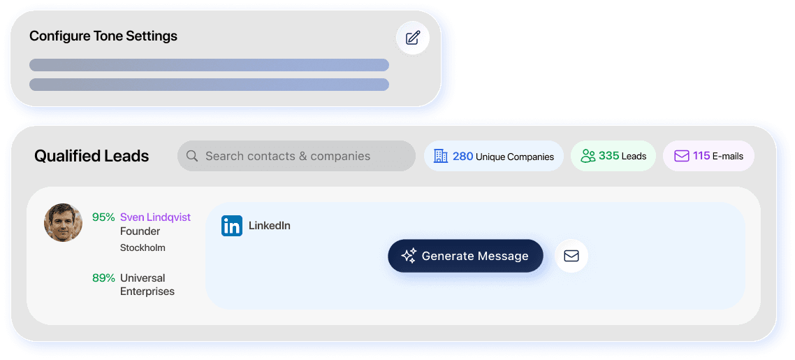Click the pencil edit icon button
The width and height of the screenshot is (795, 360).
coord(413,38)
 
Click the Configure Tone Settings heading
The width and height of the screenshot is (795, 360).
coord(103,36)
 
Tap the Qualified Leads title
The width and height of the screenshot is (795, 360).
coord(92,156)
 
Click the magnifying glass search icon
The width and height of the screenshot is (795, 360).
coord(192,156)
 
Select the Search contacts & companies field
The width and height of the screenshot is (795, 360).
coord(296,156)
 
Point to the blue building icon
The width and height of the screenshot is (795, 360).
coord(440,156)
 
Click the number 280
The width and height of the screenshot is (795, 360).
coord(462,156)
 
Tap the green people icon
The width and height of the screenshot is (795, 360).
coord(588,156)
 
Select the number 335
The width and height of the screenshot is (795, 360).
coord(608,156)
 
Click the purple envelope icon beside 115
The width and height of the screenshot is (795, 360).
coord(681,156)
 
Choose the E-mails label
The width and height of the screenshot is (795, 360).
coord(728,157)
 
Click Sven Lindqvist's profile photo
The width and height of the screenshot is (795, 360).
coord(64,222)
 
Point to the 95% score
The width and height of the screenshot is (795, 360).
coord(103,217)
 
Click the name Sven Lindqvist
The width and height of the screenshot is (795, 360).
coord(155,217)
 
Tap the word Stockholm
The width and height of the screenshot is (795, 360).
coord(143,247)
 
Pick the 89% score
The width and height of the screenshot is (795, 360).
coord(103,278)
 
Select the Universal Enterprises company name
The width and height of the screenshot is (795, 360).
coord(147,285)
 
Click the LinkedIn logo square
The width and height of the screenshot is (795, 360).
coord(232,226)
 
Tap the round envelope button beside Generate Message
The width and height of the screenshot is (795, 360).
coord(571,256)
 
